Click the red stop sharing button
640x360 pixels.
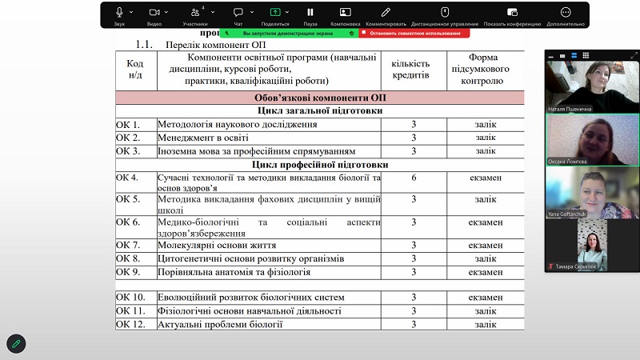click(x=413, y=34)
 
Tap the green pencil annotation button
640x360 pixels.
click(x=15, y=343)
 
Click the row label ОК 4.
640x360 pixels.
click(x=128, y=177)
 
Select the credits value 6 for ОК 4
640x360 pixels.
click(x=414, y=177)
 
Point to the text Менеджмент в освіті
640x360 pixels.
click(x=206, y=138)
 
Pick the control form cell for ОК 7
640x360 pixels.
click(x=485, y=245)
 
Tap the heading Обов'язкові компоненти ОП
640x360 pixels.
click(x=319, y=98)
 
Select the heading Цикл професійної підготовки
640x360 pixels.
click(x=319, y=165)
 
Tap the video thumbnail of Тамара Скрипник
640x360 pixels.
click(x=592, y=244)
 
